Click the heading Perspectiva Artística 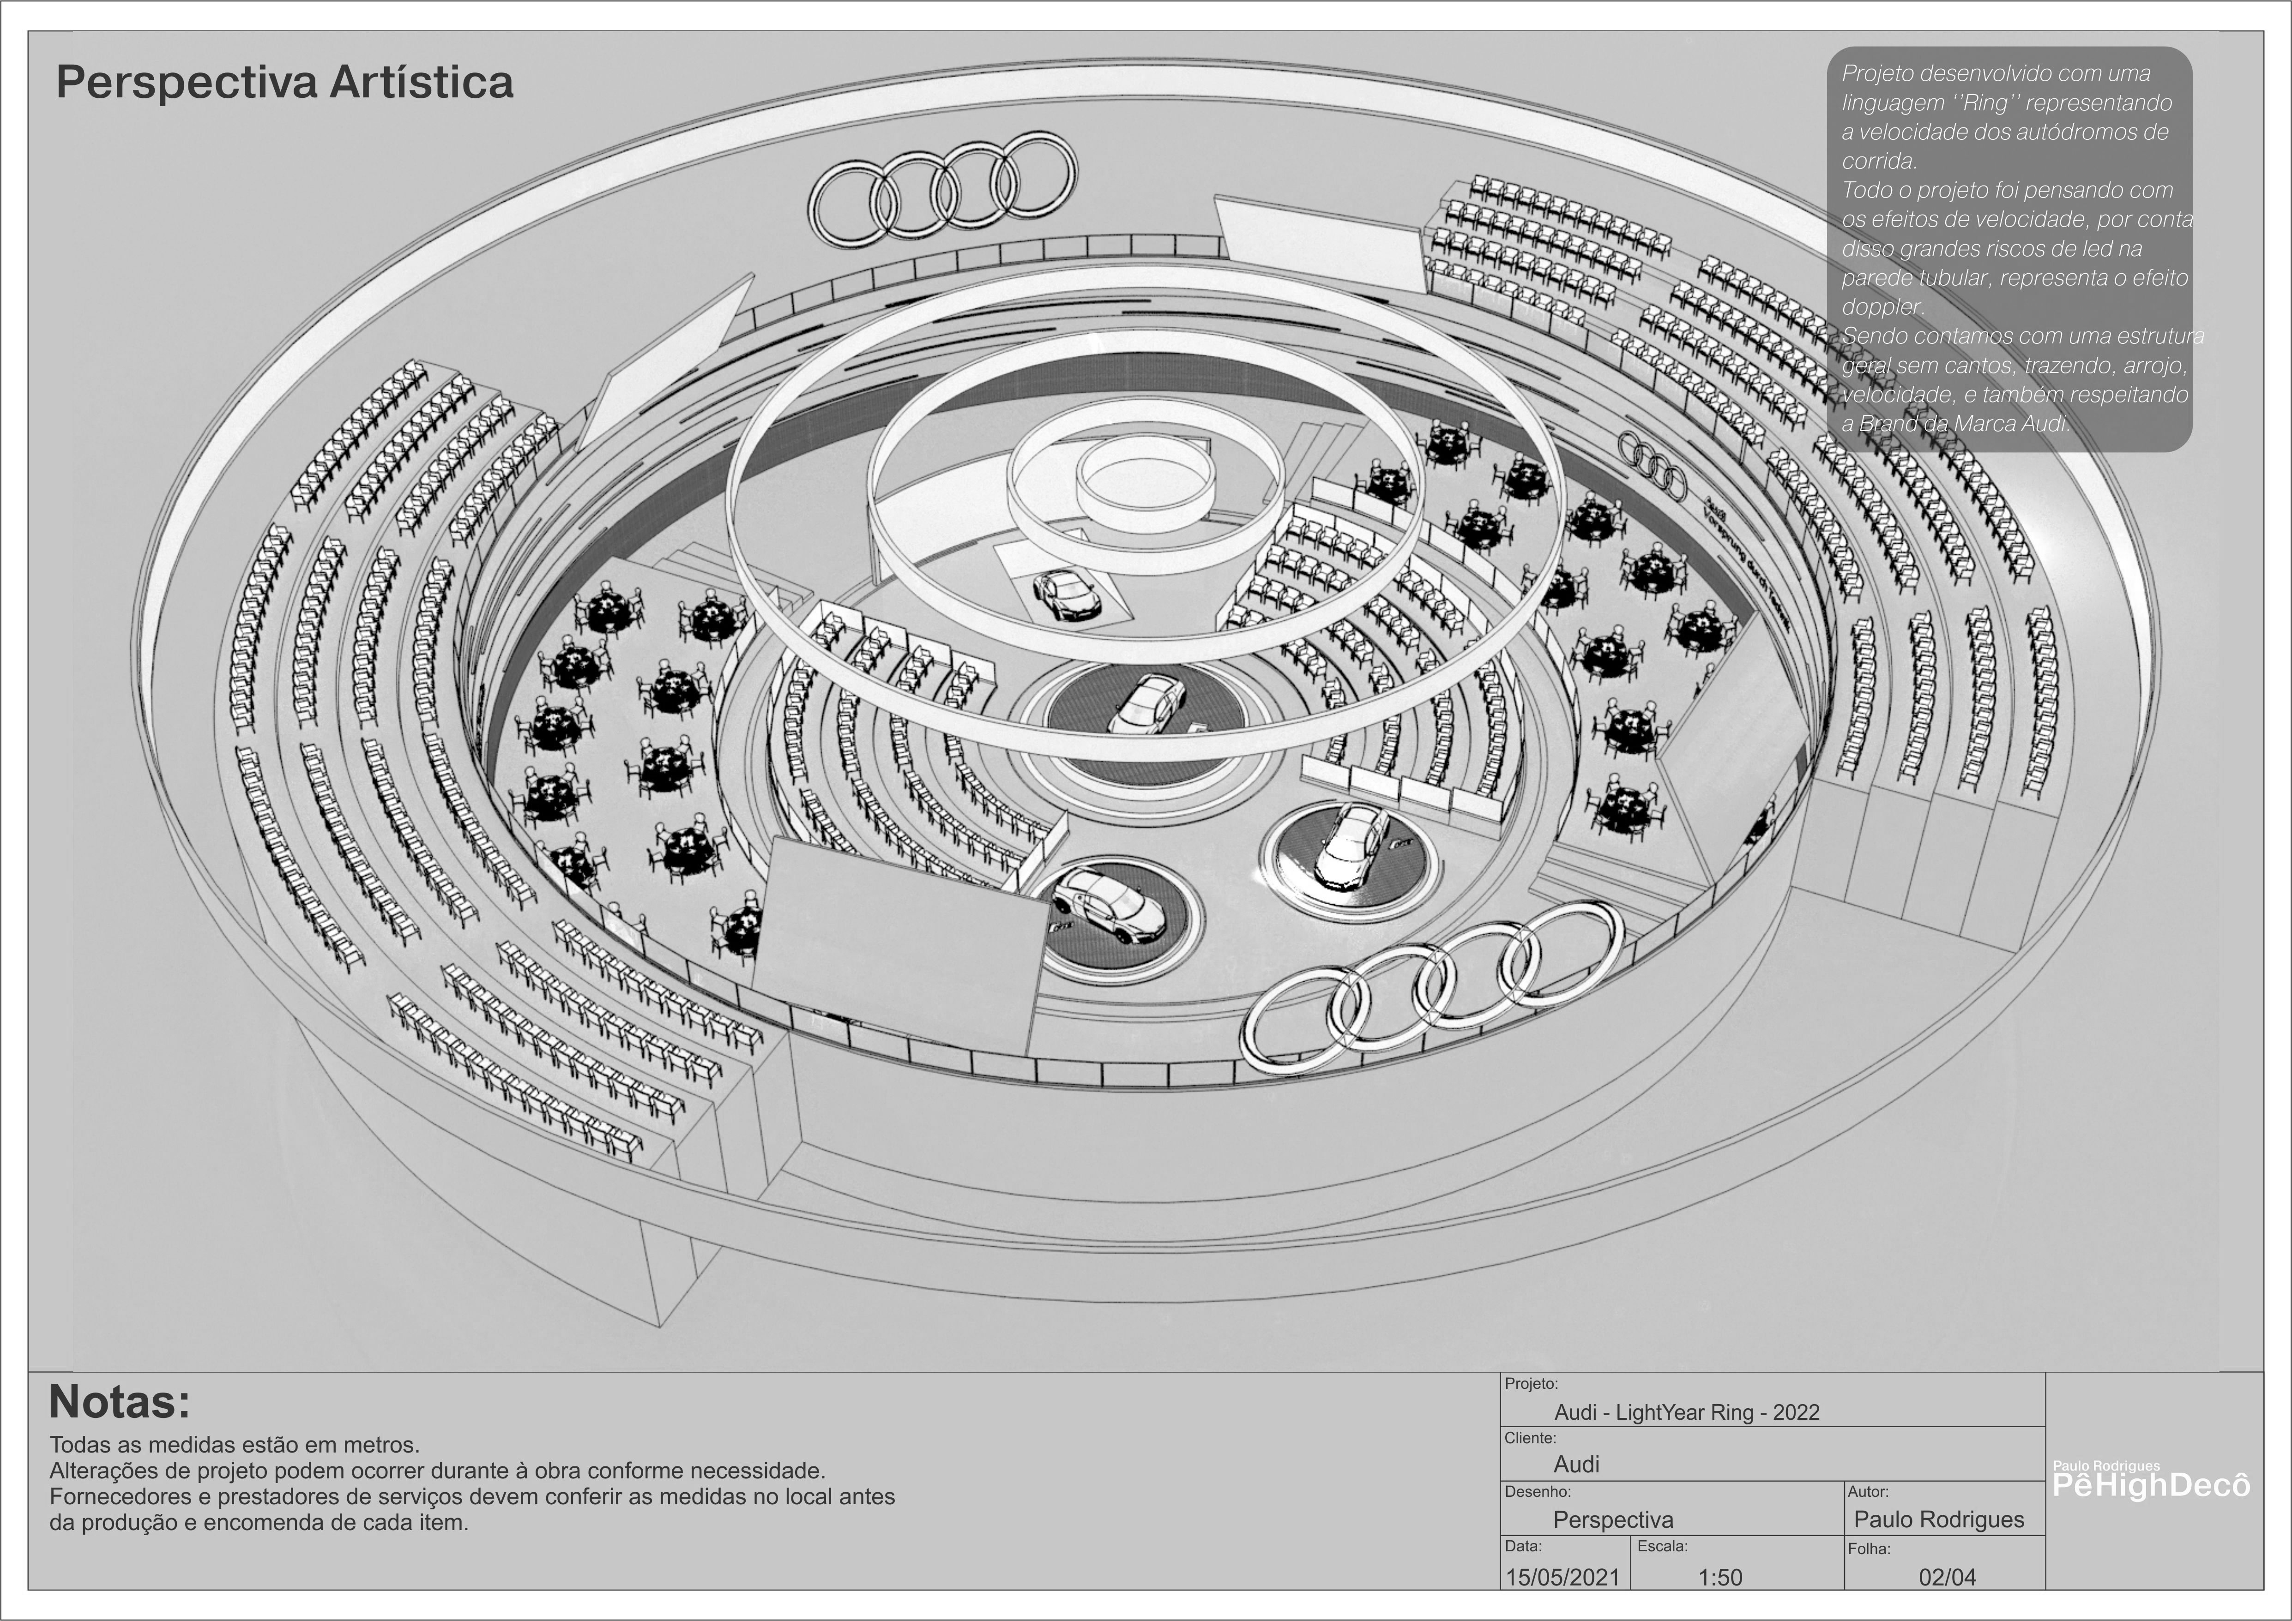click(x=284, y=82)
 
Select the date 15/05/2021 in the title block click(x=1562, y=1577)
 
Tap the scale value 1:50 click(x=1720, y=1577)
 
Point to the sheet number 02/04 click(x=1947, y=1577)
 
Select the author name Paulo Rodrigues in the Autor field click(x=1939, y=1519)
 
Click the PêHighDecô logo click(x=2151, y=1484)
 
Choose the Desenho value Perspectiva click(x=1612, y=1519)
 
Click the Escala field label click(x=1662, y=1546)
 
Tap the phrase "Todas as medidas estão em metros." click(x=235, y=1444)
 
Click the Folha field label click(x=1869, y=1549)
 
